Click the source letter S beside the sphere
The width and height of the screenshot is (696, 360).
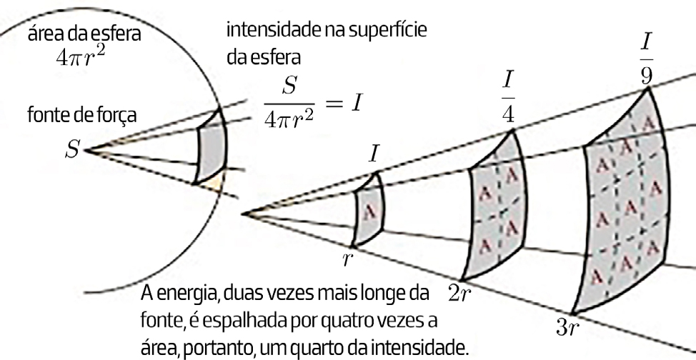pyautogui.click(x=72, y=151)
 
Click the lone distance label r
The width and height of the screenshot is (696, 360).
pyautogui.click(x=347, y=259)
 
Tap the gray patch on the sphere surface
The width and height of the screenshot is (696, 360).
pyautogui.click(x=212, y=146)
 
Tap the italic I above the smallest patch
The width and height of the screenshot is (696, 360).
pyautogui.click(x=374, y=155)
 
